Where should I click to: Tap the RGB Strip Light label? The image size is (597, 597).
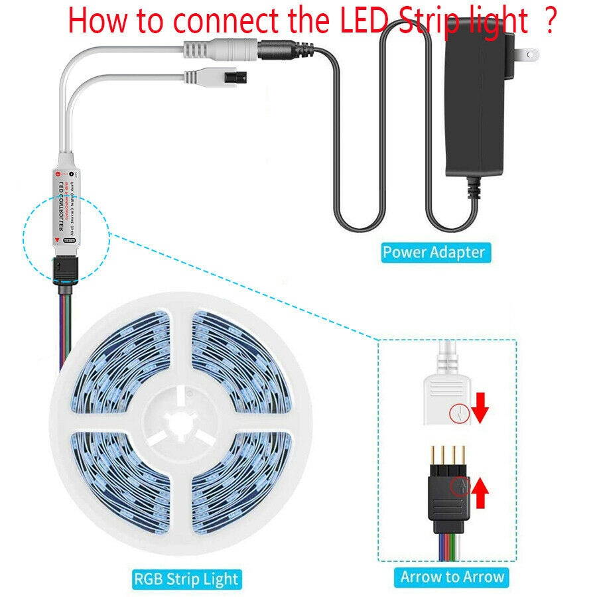186,578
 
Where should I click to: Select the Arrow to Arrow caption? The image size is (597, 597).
452,577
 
